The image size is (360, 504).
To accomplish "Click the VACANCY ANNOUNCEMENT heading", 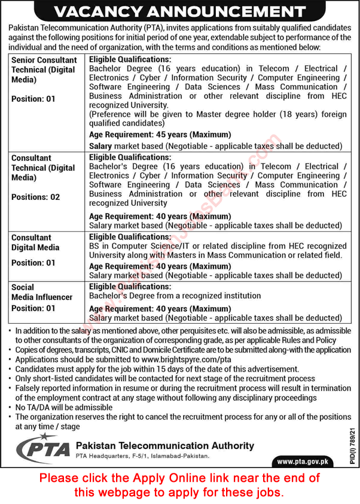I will pyautogui.click(x=179, y=11).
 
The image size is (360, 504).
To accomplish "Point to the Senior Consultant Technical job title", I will pyautogui.click(x=44, y=69).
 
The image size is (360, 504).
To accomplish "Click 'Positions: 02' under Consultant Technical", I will pyautogui.click(x=36, y=197).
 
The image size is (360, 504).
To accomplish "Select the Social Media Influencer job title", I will pyautogui.click(x=42, y=292).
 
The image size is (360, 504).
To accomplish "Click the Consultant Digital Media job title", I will pyautogui.click(x=35, y=242).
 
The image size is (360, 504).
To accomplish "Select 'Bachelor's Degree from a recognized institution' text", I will pyautogui.click(x=175, y=296).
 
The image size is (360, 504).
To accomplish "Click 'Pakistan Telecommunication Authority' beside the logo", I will pyautogui.click(x=165, y=446).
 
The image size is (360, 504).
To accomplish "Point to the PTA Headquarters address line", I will pyautogui.click(x=143, y=457).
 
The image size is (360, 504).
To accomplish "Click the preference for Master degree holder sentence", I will pyautogui.click(x=218, y=119).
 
